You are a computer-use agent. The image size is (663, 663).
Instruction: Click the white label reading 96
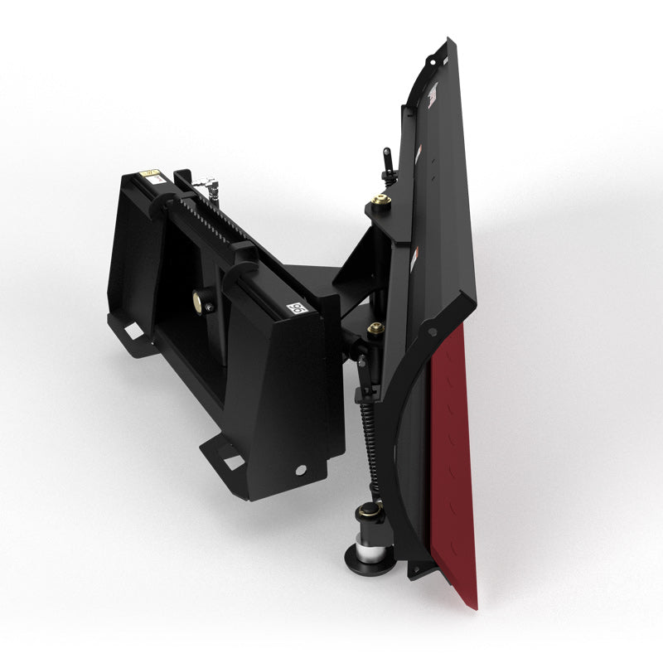[293, 308]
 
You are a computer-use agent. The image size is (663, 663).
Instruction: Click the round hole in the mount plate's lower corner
[299, 470]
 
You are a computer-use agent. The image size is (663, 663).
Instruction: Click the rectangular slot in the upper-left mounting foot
[132, 331]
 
